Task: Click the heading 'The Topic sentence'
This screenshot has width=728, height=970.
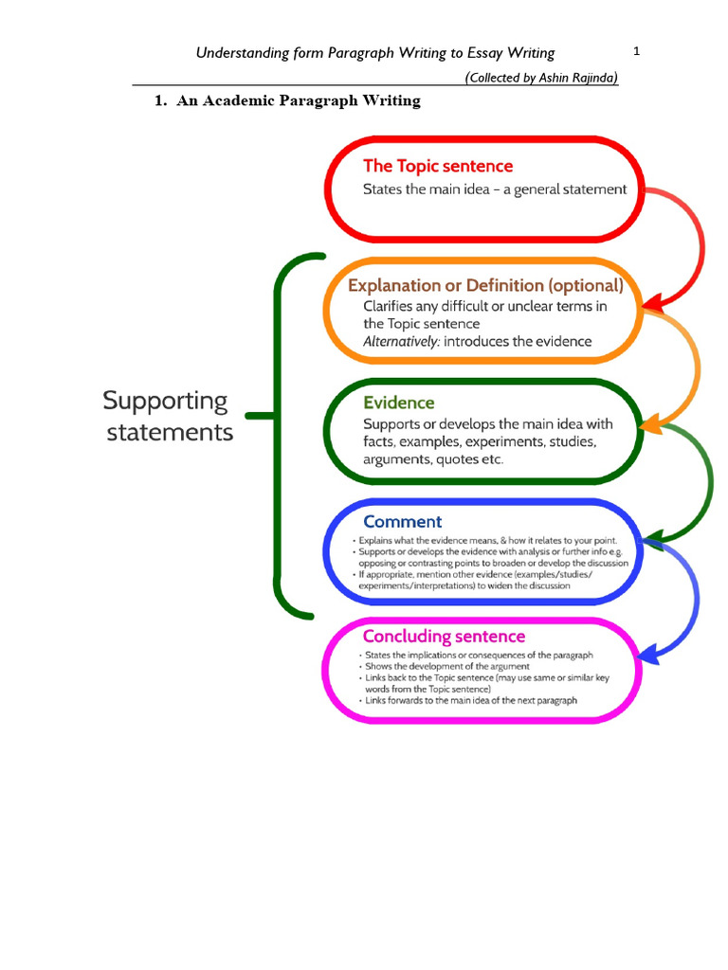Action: click(438, 166)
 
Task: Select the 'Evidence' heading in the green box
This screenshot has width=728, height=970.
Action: click(399, 403)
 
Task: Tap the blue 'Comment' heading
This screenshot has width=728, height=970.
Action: click(402, 521)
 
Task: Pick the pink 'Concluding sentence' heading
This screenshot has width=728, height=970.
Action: click(444, 636)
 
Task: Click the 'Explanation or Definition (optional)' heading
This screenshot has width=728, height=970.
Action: click(485, 285)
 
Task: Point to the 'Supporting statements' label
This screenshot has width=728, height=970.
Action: click(167, 416)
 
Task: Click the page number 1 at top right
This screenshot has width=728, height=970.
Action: click(637, 51)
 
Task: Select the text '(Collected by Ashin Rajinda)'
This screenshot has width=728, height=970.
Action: click(541, 78)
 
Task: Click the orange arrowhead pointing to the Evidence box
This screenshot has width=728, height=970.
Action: click(650, 425)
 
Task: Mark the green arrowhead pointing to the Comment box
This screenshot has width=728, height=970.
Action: click(651, 540)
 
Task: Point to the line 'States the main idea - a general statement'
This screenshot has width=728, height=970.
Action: click(495, 189)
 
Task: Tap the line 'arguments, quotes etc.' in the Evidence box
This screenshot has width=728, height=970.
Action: click(433, 459)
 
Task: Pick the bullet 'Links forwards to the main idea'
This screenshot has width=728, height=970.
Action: click(469, 701)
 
